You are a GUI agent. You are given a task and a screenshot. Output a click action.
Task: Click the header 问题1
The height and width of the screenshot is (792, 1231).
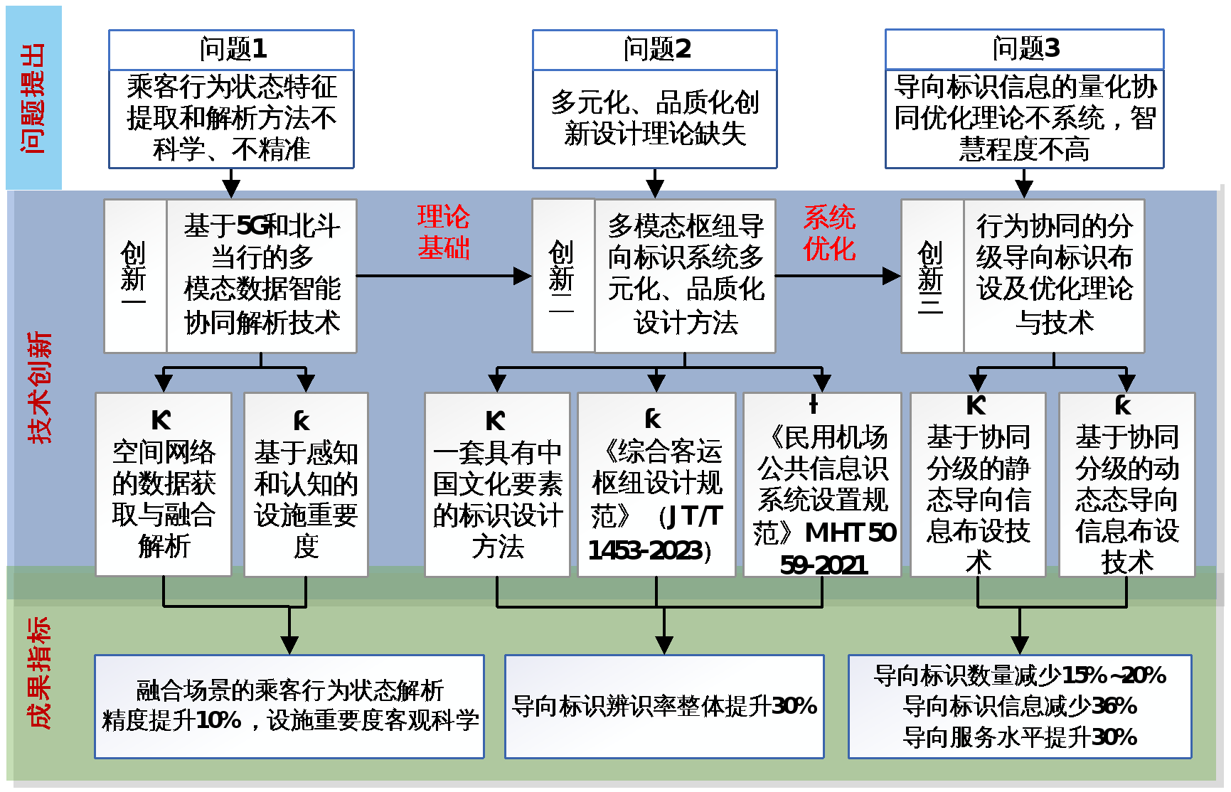point(231,49)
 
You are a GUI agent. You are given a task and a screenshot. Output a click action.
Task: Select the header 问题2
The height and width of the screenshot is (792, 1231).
point(655,49)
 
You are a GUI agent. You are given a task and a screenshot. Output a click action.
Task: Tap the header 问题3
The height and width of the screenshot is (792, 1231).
point(1024,48)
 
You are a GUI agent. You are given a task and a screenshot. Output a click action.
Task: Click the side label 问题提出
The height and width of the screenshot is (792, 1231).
point(33,98)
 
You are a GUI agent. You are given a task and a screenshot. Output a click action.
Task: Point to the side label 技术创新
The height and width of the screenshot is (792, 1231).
point(39,387)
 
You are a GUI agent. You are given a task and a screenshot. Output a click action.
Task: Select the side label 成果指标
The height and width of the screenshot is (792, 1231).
point(39,673)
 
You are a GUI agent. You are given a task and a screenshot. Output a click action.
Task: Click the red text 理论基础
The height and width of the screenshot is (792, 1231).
point(443,232)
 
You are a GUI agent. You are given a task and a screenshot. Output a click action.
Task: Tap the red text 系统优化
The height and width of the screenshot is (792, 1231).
point(829,233)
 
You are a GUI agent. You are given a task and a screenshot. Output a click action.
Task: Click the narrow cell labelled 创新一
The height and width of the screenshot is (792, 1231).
point(134,276)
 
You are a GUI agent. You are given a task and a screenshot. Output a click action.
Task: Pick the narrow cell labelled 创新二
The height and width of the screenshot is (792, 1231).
point(563,276)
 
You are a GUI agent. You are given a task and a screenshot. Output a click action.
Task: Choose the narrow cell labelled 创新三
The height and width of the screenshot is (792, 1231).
point(932,276)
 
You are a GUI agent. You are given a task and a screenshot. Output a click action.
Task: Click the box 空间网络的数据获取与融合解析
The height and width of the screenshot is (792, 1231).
point(164,485)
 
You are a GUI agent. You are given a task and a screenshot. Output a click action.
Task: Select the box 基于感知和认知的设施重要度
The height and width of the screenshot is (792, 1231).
point(306,485)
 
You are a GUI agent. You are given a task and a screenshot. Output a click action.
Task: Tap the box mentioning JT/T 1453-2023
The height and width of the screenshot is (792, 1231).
point(656,485)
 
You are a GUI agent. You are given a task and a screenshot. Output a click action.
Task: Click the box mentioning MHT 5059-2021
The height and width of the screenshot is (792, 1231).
point(822,485)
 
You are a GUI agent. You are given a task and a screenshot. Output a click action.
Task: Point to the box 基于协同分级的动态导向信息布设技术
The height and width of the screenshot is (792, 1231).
point(1126,485)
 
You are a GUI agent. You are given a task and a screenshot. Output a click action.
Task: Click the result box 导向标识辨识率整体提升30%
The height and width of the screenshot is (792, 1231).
point(664,706)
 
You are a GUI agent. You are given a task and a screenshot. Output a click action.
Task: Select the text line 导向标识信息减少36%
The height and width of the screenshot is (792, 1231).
point(1020,706)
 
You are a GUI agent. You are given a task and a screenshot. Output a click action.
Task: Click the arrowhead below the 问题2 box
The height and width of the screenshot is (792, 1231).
point(655,189)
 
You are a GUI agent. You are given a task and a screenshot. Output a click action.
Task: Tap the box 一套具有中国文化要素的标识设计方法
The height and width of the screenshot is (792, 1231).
point(497,485)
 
